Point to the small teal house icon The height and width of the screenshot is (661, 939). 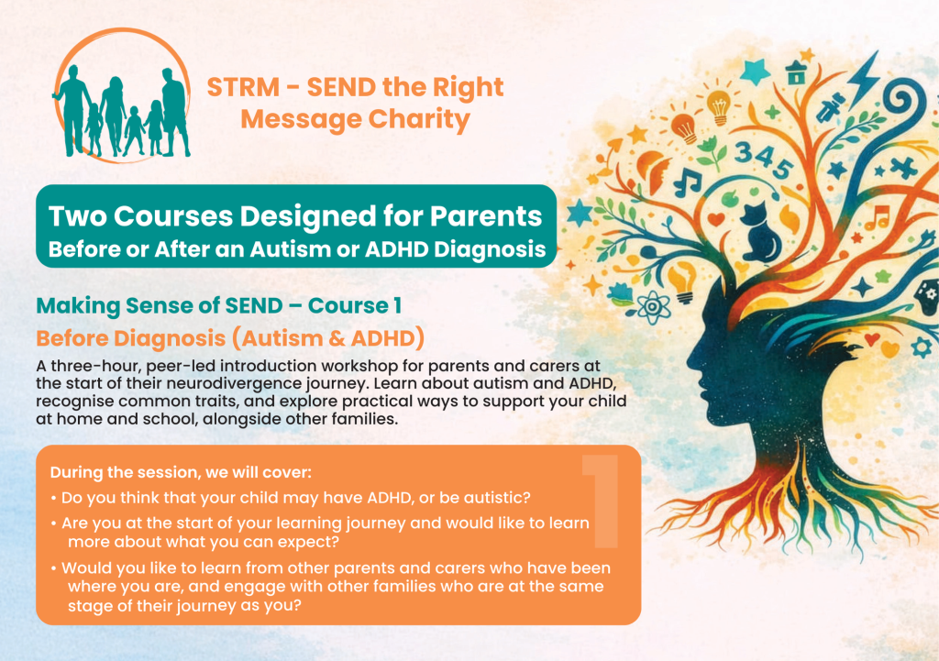pyautogui.click(x=796, y=73)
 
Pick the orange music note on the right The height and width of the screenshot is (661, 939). pyautogui.click(x=878, y=218)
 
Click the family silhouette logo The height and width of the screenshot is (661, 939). pyautogui.click(x=122, y=95)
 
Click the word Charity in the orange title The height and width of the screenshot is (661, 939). pyautogui.click(x=419, y=119)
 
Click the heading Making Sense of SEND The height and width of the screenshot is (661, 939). pyautogui.click(x=160, y=306)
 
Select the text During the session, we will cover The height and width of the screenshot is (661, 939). pyautogui.click(x=181, y=472)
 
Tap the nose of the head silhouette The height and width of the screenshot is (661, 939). pyautogui.click(x=690, y=361)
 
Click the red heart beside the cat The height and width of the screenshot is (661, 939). pyautogui.click(x=716, y=219)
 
